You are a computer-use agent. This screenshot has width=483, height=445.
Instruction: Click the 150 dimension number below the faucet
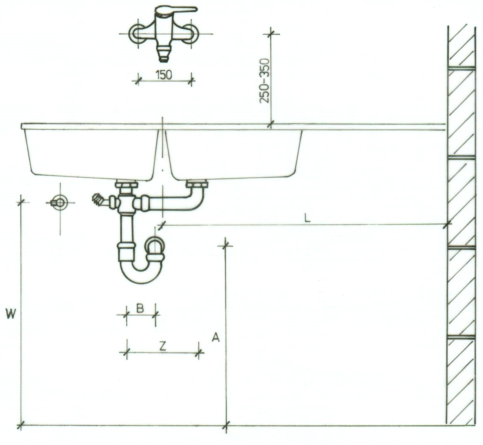pyautogui.click(x=164, y=75)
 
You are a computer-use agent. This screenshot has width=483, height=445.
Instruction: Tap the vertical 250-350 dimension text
pyautogui.click(x=264, y=81)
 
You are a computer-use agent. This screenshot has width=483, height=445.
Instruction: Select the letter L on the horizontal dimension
pyautogui.click(x=307, y=218)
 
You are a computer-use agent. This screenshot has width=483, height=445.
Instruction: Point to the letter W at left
pyautogui.click(x=11, y=314)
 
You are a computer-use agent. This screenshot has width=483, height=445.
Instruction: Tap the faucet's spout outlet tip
pyautogui.click(x=163, y=59)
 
